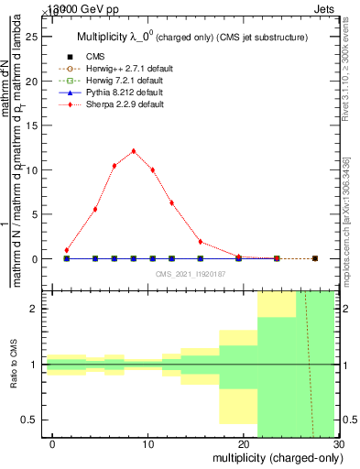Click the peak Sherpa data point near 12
(134, 151)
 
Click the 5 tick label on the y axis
(36, 214)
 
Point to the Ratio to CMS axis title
(14, 365)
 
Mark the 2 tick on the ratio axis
(36, 310)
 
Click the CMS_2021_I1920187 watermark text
(190, 274)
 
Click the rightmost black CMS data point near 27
(315, 258)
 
